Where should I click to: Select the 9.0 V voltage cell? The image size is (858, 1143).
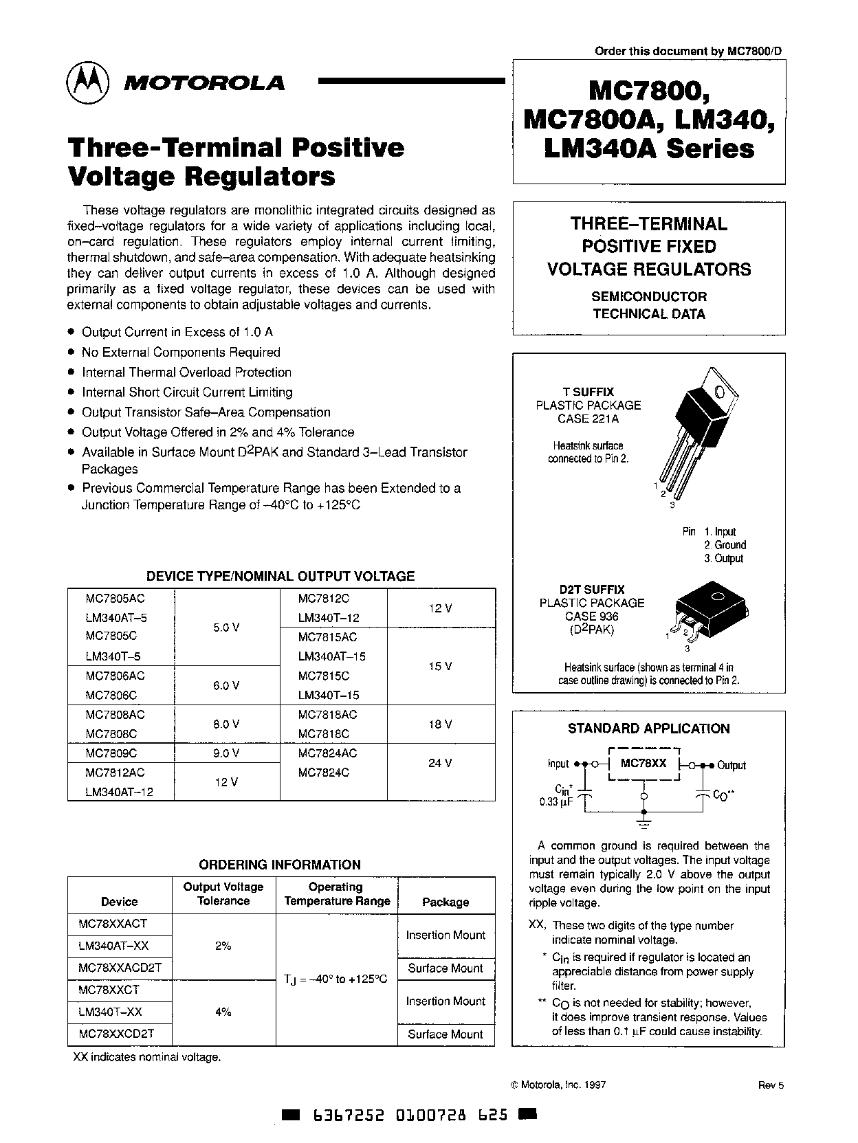click(x=226, y=753)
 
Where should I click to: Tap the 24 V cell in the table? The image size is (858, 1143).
click(x=440, y=762)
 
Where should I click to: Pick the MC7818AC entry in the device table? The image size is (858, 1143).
click(x=327, y=714)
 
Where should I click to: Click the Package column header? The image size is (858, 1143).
click(x=445, y=902)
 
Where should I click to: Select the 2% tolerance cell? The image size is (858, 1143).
click(x=223, y=946)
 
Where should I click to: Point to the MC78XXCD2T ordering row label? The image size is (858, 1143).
click(x=116, y=1034)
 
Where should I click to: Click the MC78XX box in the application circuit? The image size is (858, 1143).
click(x=644, y=763)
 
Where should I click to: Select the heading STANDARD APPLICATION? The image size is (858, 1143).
click(x=648, y=729)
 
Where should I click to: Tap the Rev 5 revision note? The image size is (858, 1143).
click(x=771, y=1085)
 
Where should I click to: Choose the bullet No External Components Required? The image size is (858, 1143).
click(x=181, y=352)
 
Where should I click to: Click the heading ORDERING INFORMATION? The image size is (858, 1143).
click(x=279, y=865)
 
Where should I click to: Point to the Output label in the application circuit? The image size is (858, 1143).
click(x=731, y=765)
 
